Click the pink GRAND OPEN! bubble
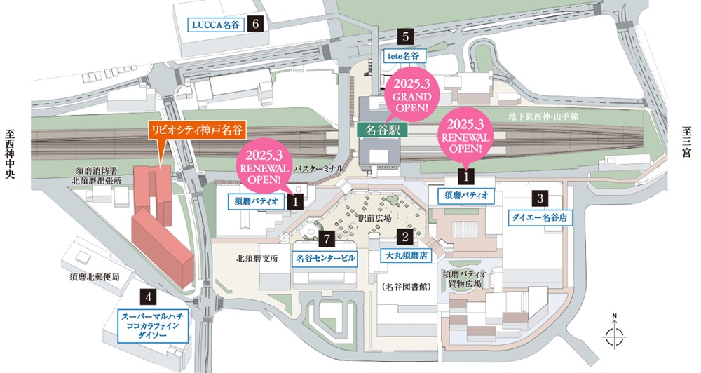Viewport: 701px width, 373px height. (x=412, y=95)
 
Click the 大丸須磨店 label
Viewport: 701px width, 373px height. (x=404, y=257)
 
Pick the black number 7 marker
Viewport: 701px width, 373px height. (x=324, y=238)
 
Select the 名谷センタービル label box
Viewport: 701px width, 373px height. (x=324, y=258)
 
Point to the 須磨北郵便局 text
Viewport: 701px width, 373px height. (x=94, y=278)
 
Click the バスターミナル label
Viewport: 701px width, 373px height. (x=318, y=170)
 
